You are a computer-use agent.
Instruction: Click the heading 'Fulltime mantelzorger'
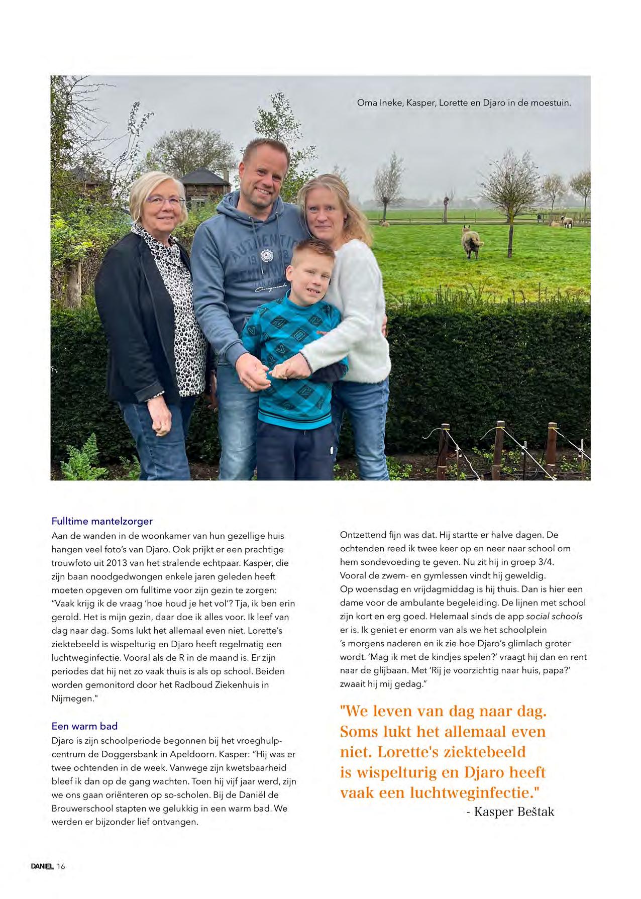(x=102, y=521)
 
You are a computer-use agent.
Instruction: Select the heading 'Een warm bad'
(x=84, y=726)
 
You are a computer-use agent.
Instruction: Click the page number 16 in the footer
(x=61, y=866)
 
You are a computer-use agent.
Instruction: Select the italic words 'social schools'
(x=554, y=616)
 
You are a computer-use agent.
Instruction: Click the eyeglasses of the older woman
(x=165, y=201)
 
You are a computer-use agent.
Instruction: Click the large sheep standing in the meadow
(x=472, y=241)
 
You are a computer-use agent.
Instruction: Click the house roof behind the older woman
(x=203, y=177)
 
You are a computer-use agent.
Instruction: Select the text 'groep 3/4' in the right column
(x=537, y=562)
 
